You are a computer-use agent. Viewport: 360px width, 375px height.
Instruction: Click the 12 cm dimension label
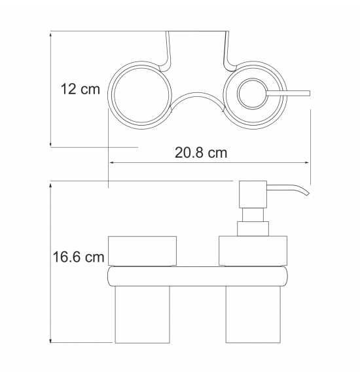point(80,89)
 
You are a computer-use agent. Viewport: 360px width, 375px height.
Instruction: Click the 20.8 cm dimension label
point(201,153)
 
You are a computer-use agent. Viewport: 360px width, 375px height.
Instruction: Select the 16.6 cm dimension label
point(79,257)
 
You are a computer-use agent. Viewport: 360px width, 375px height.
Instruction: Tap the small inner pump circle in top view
point(252,94)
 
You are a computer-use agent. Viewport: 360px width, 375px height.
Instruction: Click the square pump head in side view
point(253,194)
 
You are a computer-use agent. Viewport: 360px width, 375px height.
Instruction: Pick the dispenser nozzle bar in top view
point(288,93)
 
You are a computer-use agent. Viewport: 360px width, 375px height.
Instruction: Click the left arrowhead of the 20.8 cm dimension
point(111,163)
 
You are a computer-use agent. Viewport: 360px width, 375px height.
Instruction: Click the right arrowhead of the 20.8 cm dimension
point(308,163)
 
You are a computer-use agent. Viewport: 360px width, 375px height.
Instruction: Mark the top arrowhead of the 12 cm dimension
point(50,34)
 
